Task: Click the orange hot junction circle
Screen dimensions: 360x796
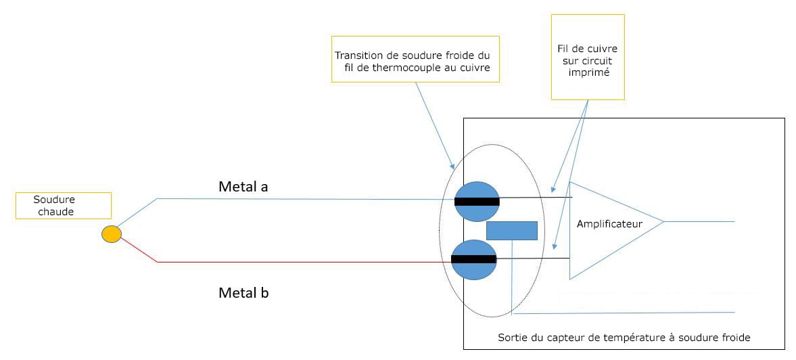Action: coord(112,234)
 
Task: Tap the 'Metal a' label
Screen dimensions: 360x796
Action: coord(243,186)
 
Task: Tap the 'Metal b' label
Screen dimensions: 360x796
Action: coord(243,293)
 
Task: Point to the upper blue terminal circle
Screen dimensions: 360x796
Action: coord(477,189)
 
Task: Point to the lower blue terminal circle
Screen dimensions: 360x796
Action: coord(474,271)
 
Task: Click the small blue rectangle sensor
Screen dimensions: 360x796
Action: coord(511,231)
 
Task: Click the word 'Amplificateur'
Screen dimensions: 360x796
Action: coord(609,223)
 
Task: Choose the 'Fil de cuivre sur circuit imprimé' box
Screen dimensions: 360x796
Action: coord(587,58)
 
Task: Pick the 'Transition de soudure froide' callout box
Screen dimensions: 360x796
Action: coord(415,60)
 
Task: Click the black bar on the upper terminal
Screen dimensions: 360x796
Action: coord(477,201)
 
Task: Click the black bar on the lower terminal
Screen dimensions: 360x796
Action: coord(473,259)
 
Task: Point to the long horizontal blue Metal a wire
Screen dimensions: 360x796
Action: coord(304,199)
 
